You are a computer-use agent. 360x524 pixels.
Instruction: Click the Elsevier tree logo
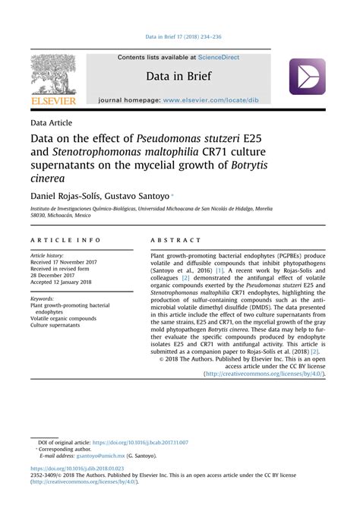tap(54, 74)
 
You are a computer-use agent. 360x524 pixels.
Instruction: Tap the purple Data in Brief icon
tap(307, 77)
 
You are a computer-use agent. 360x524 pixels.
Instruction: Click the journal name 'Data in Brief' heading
tap(180, 77)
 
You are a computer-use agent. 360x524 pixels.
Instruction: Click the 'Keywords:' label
tap(42, 298)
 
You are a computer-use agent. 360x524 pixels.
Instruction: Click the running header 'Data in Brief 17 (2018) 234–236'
tap(180, 35)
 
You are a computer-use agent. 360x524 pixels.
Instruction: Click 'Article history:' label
tap(47, 256)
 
